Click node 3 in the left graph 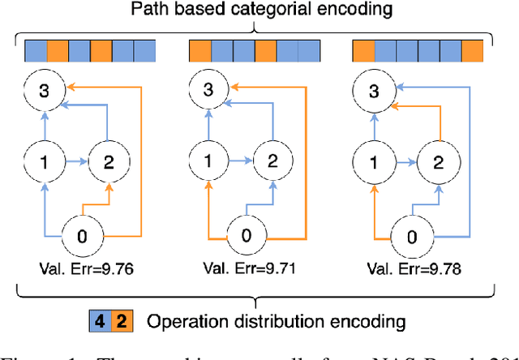[42, 90]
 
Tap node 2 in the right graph [438, 161]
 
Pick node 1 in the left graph [42, 161]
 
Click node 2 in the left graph [109, 161]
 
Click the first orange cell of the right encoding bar [364, 52]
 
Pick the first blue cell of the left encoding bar [35, 52]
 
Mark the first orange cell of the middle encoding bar [199, 52]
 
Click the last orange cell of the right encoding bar [473, 52]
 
